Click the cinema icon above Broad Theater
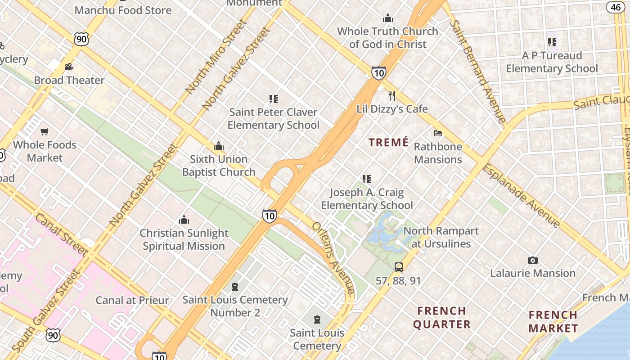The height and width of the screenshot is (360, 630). [x=69, y=67]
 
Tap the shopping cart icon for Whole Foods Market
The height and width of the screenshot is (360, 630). [x=44, y=132]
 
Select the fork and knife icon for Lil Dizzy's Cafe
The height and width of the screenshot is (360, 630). [x=392, y=96]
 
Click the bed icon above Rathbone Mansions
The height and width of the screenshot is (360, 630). [x=438, y=133]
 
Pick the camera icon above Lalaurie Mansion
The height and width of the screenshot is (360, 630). [x=533, y=260]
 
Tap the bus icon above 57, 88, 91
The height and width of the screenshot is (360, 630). [x=399, y=267]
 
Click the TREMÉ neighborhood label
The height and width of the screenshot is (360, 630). [x=388, y=143]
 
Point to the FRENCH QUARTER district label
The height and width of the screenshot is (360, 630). [x=441, y=317]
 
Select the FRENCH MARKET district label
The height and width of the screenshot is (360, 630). [x=553, y=321]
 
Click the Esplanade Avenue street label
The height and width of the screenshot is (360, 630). [x=528, y=195]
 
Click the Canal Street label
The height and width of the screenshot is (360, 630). [x=61, y=234]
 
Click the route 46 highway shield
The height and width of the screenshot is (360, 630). [x=615, y=7]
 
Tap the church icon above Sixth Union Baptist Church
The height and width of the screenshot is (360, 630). [x=219, y=146]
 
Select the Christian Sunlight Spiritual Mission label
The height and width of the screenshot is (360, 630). [x=184, y=239]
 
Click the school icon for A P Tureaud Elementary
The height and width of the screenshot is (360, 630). [x=552, y=42]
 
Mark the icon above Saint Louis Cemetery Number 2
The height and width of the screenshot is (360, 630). [x=234, y=287]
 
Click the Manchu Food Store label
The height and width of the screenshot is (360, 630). [x=123, y=10]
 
